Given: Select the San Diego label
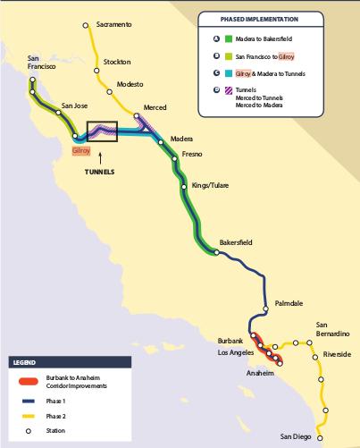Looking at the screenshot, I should click(297, 436).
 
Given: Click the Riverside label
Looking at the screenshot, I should click(339, 353).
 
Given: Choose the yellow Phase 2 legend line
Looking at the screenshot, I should click(29, 417).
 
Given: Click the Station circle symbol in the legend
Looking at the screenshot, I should click(29, 432).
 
